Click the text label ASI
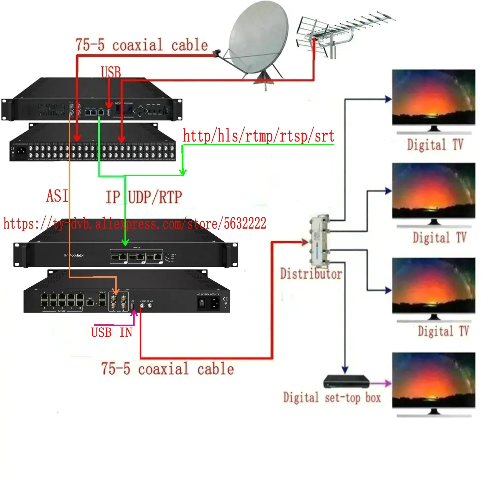click(57, 196)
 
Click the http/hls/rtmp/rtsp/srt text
click(258, 136)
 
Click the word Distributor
click(311, 274)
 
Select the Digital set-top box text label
click(332, 398)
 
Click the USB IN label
click(112, 333)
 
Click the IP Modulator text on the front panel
click(74, 255)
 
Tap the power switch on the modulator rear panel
click(202, 303)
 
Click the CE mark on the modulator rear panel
click(225, 299)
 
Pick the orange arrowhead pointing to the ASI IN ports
click(116, 291)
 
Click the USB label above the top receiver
click(111, 72)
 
